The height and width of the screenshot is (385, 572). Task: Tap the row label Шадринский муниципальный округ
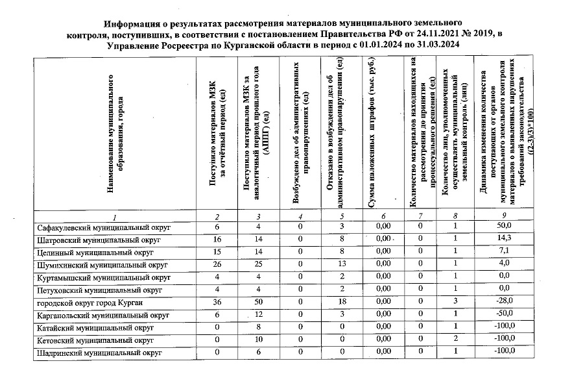[98, 353]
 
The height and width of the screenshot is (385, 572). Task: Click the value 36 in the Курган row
[217, 303]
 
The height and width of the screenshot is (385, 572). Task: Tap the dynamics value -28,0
[505, 303]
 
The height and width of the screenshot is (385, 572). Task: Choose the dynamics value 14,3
[505, 240]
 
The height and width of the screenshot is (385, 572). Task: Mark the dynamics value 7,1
[505, 253]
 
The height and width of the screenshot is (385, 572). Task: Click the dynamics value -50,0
[505, 315]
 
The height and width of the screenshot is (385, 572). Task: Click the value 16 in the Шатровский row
[217, 240]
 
